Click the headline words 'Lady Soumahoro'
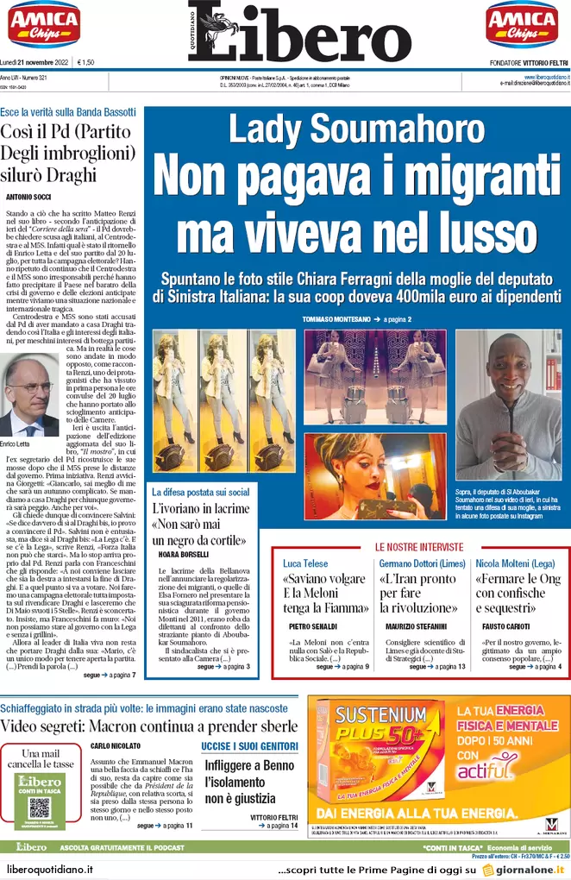[x=356, y=129]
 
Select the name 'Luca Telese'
[x=305, y=563]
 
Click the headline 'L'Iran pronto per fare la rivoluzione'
[x=418, y=593]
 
